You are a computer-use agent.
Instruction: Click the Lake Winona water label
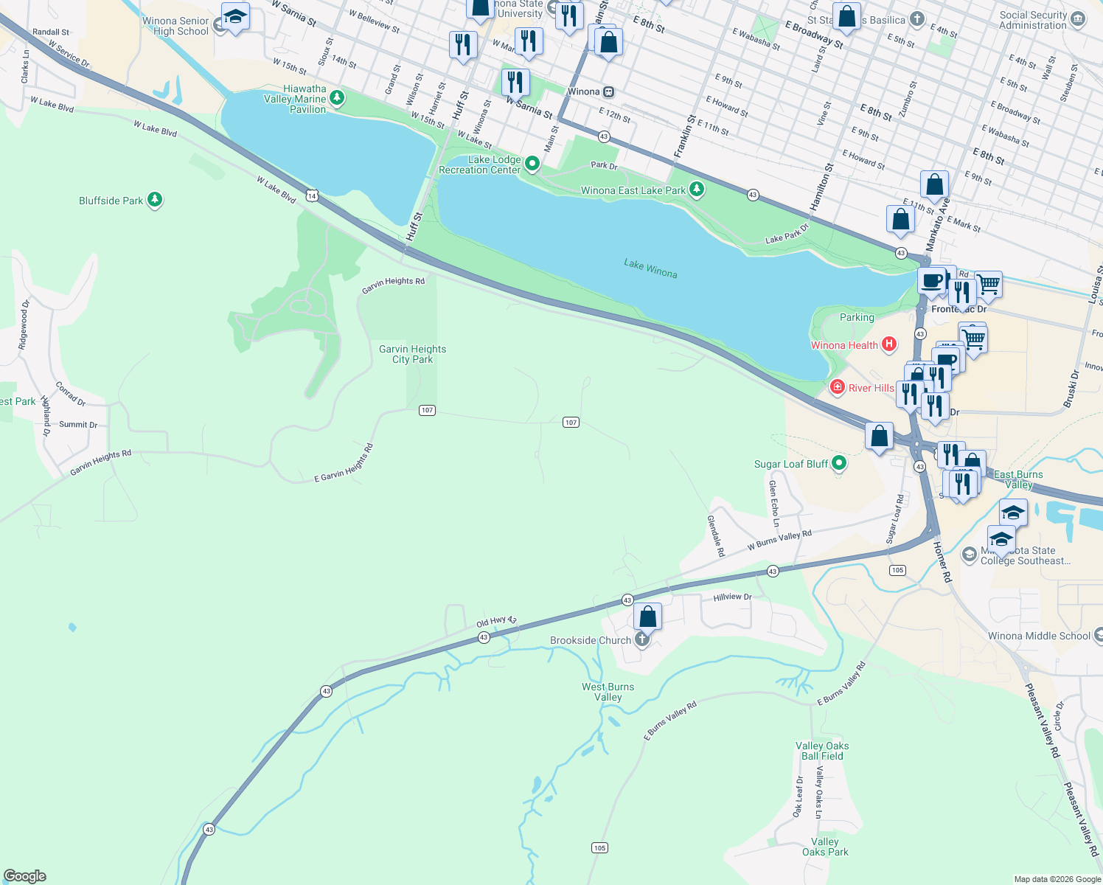pyautogui.click(x=650, y=268)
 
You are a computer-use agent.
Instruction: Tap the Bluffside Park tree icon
pyautogui.click(x=154, y=200)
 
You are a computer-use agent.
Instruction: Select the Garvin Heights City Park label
pyautogui.click(x=412, y=354)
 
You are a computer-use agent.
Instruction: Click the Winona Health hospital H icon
pyautogui.click(x=889, y=344)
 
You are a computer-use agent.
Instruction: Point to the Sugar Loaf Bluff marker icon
pyautogui.click(x=838, y=463)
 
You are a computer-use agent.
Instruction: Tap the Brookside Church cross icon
pyautogui.click(x=642, y=639)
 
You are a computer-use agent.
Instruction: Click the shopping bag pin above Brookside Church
pyautogui.click(x=647, y=616)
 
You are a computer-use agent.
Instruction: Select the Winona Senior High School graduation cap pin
pyautogui.click(x=234, y=16)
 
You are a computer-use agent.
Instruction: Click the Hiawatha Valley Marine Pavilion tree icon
pyautogui.click(x=337, y=97)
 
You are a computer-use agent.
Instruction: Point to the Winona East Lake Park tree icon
pyautogui.click(x=696, y=190)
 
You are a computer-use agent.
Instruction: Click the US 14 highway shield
pyautogui.click(x=313, y=195)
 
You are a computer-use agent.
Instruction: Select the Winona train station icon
pyautogui.click(x=608, y=91)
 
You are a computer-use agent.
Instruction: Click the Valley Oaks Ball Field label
pyautogui.click(x=822, y=751)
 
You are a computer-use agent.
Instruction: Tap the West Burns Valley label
pyautogui.click(x=608, y=692)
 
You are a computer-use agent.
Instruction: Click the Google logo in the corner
pyautogui.click(x=25, y=875)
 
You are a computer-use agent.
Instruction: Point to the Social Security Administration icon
pyautogui.click(x=1078, y=18)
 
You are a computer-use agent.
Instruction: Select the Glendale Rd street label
pyautogui.click(x=716, y=536)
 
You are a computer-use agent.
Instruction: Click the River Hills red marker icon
pyautogui.click(x=838, y=387)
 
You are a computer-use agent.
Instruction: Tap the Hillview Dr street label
pyautogui.click(x=732, y=597)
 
